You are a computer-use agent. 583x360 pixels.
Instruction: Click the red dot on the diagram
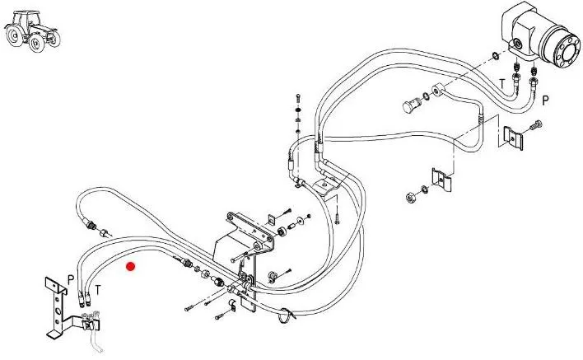click(130, 266)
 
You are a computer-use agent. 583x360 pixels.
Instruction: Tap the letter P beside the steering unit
click(545, 100)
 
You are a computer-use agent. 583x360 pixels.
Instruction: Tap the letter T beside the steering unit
click(502, 83)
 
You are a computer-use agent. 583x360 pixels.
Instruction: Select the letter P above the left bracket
click(72, 280)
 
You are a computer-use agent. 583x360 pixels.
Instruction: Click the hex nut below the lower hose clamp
click(409, 197)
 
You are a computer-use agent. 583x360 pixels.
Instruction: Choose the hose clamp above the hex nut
click(441, 178)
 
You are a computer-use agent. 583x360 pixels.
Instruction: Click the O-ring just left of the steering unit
click(492, 56)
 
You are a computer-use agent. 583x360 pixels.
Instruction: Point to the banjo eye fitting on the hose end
click(436, 89)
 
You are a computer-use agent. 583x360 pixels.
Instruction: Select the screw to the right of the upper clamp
click(536, 125)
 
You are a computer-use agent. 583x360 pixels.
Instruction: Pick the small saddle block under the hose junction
click(333, 194)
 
